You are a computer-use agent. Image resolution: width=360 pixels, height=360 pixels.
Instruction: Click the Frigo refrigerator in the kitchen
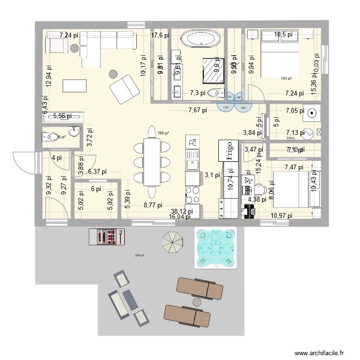click(228, 150)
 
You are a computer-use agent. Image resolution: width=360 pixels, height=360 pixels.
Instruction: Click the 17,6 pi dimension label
click(160, 35)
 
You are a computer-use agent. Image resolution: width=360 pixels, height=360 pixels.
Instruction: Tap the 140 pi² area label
click(287, 78)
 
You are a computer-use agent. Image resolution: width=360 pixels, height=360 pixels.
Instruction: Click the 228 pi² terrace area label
click(140, 255)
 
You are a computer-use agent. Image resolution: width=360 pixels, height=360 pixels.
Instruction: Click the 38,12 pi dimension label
click(182, 211)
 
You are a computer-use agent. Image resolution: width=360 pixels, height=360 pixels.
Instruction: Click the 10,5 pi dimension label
click(286, 35)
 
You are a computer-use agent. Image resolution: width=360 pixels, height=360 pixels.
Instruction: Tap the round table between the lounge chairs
click(196, 302)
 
